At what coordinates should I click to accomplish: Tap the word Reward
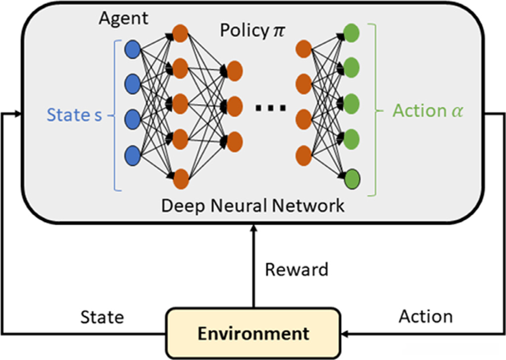pos(296,270)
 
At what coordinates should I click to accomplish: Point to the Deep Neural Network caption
pos(253,206)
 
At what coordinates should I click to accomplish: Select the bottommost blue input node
pos(132,156)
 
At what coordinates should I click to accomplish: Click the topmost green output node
pos(352,32)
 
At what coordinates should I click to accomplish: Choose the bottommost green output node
pos(352,177)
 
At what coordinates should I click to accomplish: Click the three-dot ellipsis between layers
pos(271,108)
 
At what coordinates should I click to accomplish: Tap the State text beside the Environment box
pos(102,317)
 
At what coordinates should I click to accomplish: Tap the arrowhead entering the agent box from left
pos(19,113)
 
